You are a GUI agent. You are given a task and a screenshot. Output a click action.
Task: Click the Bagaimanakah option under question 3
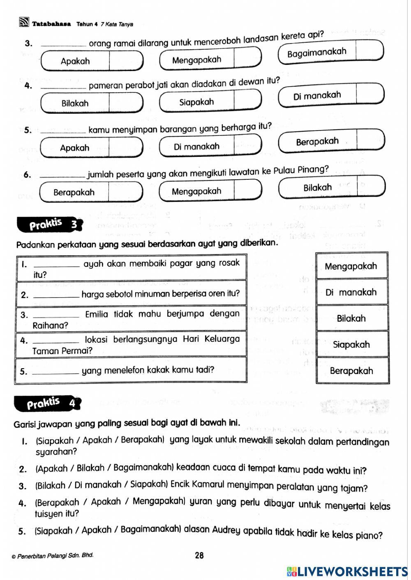coord(316,53)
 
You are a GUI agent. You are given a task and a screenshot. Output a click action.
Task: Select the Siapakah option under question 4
coord(196,102)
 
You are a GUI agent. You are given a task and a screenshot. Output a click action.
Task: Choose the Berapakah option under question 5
coord(317,142)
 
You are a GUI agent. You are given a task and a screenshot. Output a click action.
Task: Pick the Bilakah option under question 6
coord(317,188)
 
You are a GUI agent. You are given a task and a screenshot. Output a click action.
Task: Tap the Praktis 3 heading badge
coord(49,224)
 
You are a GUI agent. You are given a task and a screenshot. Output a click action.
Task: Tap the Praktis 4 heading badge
coord(48,403)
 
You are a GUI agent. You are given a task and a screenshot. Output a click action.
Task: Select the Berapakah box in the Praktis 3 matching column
coord(351,371)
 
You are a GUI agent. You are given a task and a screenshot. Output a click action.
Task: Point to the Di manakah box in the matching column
coord(351,292)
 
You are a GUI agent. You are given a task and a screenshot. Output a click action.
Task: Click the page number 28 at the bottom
coord(199,555)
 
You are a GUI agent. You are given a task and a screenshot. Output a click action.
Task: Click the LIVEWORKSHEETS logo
coord(347,571)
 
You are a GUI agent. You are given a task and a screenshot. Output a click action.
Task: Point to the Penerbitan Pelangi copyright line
coord(53,556)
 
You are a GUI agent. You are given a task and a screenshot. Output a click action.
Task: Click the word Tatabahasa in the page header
coord(51,24)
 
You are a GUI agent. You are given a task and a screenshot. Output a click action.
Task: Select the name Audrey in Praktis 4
coord(226,530)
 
